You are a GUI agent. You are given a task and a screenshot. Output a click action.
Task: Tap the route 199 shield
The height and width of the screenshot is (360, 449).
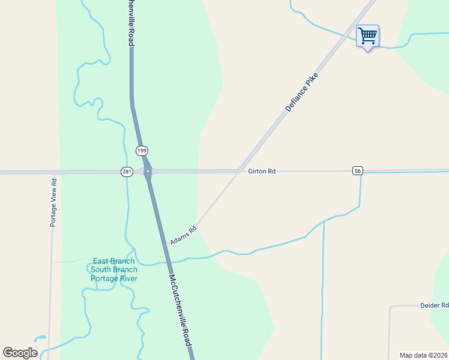142,151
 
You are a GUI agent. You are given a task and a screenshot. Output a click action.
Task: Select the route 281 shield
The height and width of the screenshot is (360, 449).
127,172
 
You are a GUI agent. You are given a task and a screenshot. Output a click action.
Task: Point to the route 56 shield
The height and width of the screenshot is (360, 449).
358,171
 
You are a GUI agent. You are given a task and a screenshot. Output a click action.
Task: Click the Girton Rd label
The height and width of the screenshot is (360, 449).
262,172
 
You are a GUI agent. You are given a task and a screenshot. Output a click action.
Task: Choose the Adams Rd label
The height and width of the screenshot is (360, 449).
183,235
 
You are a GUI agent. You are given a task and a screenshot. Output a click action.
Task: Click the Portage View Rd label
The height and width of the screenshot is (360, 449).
53,202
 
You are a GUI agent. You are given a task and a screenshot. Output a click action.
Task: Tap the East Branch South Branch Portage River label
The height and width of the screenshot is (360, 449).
114,270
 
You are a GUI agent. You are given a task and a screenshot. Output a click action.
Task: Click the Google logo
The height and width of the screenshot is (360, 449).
20,353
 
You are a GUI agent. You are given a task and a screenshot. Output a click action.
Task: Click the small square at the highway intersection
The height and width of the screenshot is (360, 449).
147,172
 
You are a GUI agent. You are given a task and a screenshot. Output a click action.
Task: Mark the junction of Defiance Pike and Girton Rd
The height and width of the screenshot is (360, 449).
239,171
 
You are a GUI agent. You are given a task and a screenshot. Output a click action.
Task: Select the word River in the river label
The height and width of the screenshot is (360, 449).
128,278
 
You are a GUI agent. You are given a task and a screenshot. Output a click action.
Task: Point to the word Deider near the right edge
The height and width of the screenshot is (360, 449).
430,305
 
